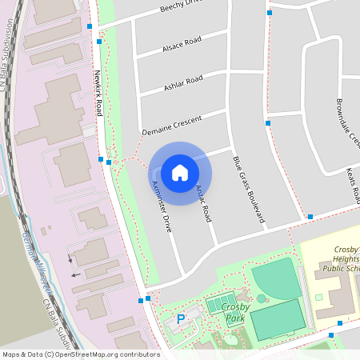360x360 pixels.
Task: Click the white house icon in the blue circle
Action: (180, 173)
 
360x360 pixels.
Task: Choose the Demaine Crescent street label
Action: (172, 123)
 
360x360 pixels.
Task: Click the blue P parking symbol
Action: (181, 319)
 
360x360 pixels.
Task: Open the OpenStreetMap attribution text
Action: (80, 354)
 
